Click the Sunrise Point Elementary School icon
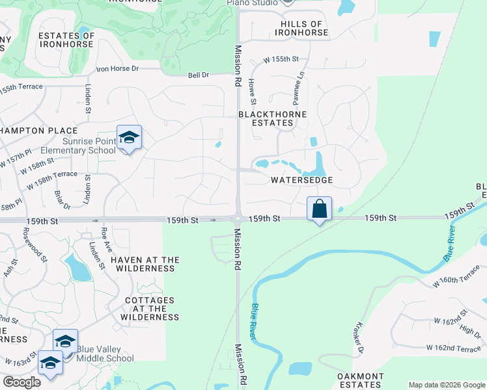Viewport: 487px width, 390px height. [x=129, y=138]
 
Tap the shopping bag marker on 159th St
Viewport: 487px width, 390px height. [x=319, y=209]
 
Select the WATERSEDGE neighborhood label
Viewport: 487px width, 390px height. [x=302, y=180]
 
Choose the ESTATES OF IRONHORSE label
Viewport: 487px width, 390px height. [x=67, y=40]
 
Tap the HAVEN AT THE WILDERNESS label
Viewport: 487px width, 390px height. [x=145, y=264]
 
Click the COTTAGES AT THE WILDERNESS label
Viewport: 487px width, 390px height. [x=150, y=309]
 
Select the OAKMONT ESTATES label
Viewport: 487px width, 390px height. [x=360, y=381]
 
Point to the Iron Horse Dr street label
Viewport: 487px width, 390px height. [x=118, y=68]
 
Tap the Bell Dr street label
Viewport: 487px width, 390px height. [x=198, y=75]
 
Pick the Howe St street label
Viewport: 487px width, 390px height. [x=253, y=92]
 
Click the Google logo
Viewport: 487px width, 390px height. [x=22, y=382]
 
